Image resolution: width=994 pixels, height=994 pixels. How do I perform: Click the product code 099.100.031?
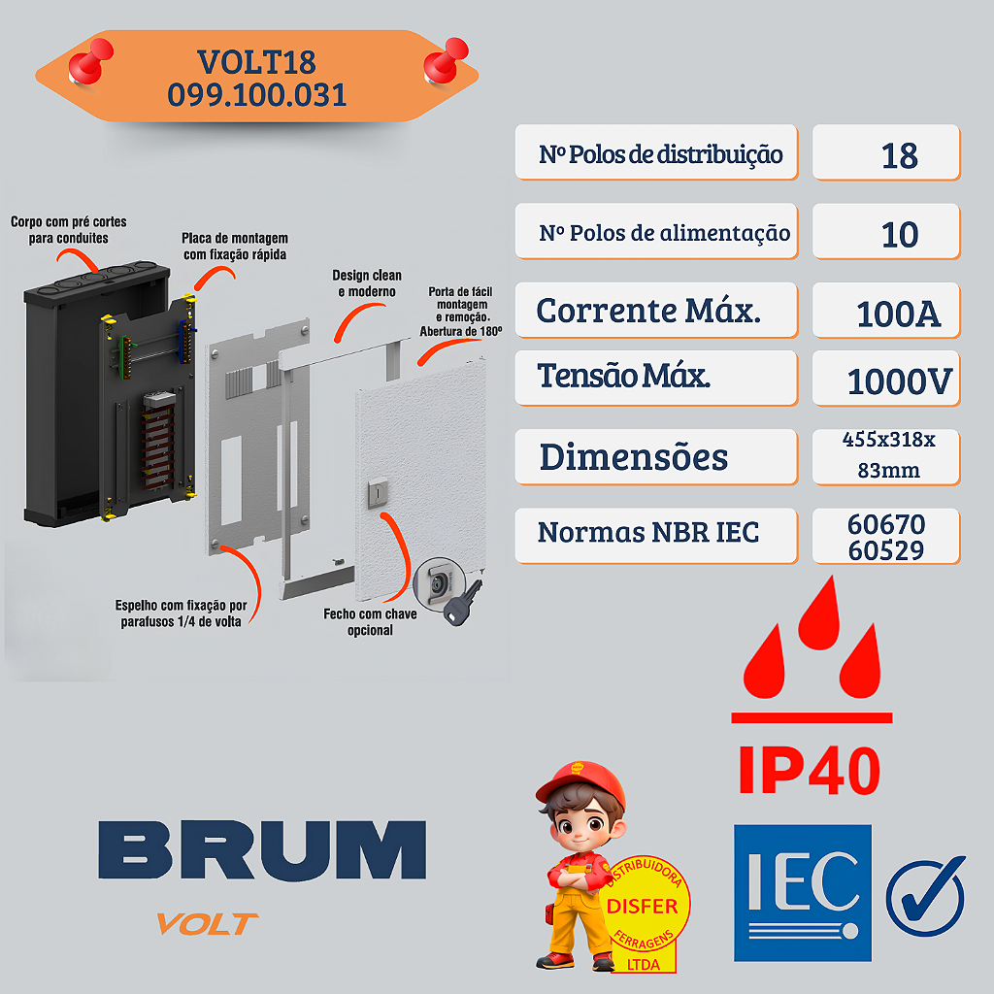[257, 95]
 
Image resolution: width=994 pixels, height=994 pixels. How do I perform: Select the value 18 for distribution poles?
[899, 155]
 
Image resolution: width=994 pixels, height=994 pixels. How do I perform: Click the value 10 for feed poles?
[899, 234]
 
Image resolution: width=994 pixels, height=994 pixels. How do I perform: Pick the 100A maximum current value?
[898, 314]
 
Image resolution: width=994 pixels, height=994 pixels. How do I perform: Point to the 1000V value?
[899, 381]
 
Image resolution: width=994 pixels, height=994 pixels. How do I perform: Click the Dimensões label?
[633, 456]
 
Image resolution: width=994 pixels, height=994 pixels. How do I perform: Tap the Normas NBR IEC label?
[647, 532]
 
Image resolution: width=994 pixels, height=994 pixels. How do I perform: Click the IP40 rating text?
[809, 769]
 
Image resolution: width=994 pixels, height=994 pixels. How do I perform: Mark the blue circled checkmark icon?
[925, 895]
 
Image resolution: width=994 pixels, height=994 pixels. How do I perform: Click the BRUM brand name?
[262, 850]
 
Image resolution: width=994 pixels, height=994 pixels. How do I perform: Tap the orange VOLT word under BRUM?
[208, 923]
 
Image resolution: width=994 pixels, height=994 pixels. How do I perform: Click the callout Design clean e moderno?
[367, 283]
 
